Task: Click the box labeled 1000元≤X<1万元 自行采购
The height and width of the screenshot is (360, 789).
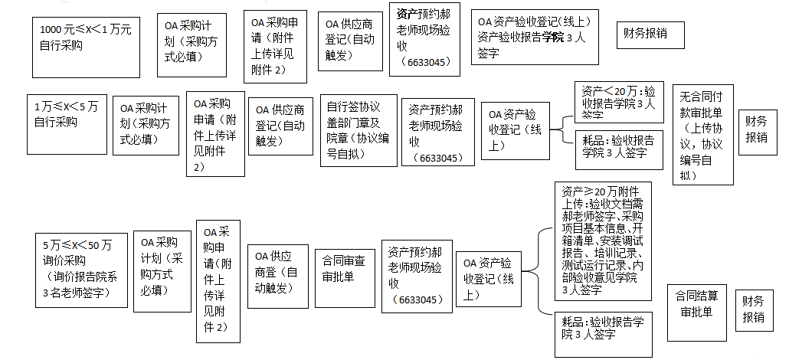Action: tap(87, 45)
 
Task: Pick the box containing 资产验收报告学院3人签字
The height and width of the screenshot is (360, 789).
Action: tap(535, 38)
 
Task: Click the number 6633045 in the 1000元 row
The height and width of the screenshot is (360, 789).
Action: tap(424, 63)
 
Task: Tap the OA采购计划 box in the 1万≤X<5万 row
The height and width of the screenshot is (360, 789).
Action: tap(144, 122)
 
